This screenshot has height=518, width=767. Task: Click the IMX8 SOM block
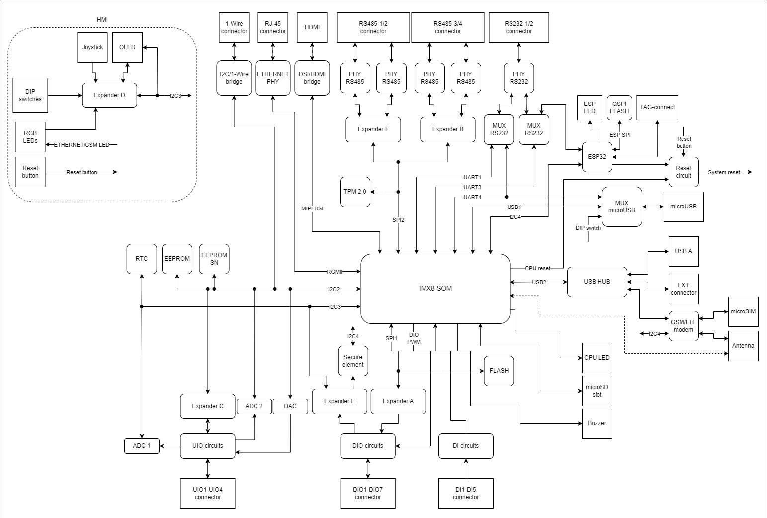[435, 288]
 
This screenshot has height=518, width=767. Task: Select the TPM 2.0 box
[355, 192]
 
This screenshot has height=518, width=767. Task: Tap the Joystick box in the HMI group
[92, 47]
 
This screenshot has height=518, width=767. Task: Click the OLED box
[127, 47]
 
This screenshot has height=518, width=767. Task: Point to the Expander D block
[109, 95]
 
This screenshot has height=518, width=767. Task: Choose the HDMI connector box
[312, 27]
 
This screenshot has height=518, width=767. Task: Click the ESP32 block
[597, 156]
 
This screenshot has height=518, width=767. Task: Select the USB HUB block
[597, 282]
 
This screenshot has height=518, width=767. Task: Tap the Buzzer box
[597, 423]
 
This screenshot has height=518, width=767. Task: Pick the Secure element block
[353, 361]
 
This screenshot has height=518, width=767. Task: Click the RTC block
[142, 259]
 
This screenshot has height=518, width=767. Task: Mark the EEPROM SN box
[214, 259]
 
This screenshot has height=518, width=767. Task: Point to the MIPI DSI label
[312, 208]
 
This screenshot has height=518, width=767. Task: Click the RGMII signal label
[335, 272]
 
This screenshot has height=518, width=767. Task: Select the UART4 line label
[472, 197]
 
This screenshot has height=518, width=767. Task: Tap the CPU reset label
[537, 268]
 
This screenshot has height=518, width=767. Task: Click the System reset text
[724, 172]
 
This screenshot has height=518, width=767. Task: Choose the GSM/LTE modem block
[683, 326]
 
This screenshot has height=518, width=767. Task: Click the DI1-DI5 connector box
[466, 493]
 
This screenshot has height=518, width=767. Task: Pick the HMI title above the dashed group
[102, 20]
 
